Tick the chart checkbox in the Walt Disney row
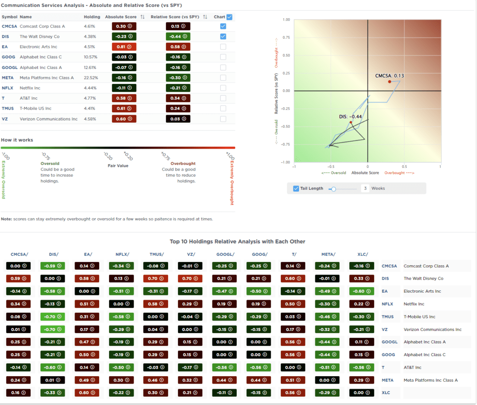click(x=223, y=36)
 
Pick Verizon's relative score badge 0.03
click(x=177, y=119)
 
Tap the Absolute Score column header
click(x=121, y=17)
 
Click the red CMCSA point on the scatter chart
click(x=389, y=82)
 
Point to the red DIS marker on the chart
click(x=351, y=123)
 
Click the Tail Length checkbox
click(x=296, y=188)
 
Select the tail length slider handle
click(x=333, y=188)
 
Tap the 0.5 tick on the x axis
click(x=404, y=166)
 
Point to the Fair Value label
click(x=118, y=165)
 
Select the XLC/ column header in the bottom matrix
click(x=362, y=254)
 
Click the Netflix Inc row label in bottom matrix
click(x=415, y=304)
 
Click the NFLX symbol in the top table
click(x=7, y=88)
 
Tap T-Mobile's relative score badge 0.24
click(x=177, y=109)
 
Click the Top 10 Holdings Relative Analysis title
click(x=238, y=241)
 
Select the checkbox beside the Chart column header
click(x=229, y=17)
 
